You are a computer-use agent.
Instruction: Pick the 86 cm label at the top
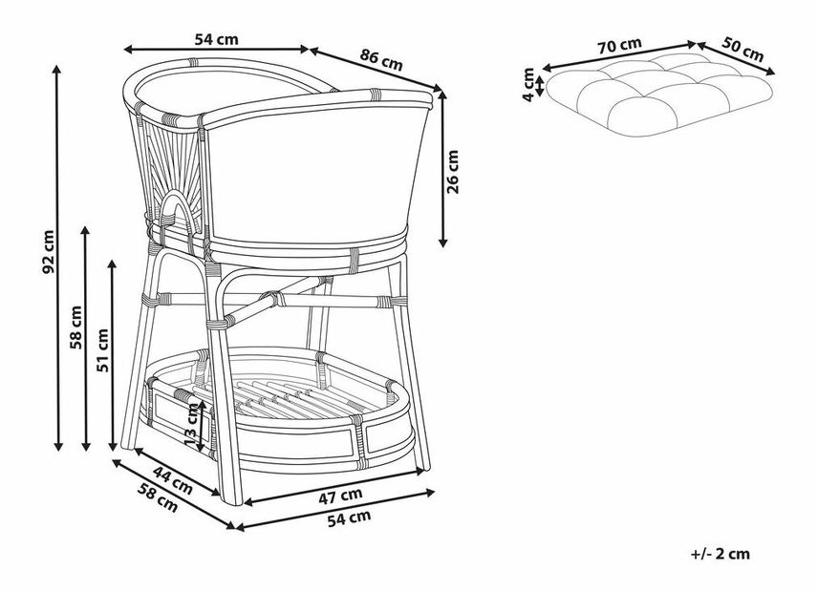(x=380, y=59)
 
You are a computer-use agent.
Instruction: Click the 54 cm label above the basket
(x=216, y=39)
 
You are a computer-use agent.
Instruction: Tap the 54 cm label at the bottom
(x=349, y=517)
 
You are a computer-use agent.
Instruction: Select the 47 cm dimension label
(x=339, y=494)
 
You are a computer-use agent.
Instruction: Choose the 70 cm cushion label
(x=619, y=44)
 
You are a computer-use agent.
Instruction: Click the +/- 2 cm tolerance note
(x=719, y=553)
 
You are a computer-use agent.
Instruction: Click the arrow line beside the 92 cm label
(x=60, y=258)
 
